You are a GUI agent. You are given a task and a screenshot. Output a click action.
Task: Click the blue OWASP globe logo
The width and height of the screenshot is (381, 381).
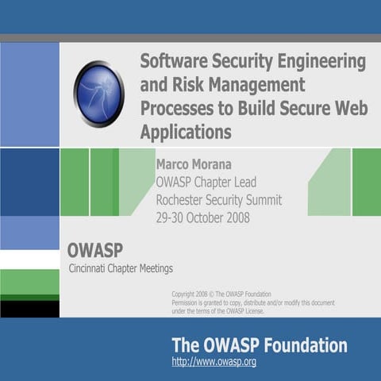click(x=98, y=93)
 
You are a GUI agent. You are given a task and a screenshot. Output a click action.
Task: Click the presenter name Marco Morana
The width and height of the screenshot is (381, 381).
click(x=194, y=165)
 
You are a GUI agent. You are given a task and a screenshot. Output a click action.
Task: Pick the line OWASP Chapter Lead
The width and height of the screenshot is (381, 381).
click(x=207, y=183)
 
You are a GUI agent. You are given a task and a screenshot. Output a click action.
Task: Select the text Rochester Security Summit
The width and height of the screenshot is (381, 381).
click(x=218, y=200)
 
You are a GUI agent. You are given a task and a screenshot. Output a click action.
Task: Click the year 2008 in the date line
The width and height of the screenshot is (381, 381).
click(x=233, y=217)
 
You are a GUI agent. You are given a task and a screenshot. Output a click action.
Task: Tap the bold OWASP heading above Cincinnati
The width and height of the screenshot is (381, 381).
click(x=94, y=250)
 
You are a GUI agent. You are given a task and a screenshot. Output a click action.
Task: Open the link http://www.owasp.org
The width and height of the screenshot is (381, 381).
click(x=214, y=363)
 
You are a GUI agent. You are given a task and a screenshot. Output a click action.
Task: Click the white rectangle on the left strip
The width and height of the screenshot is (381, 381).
click(x=29, y=260)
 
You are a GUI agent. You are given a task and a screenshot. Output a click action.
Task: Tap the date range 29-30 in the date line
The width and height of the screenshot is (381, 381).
click(x=170, y=217)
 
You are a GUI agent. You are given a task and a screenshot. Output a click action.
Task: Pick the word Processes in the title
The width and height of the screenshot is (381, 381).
click(x=175, y=108)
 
